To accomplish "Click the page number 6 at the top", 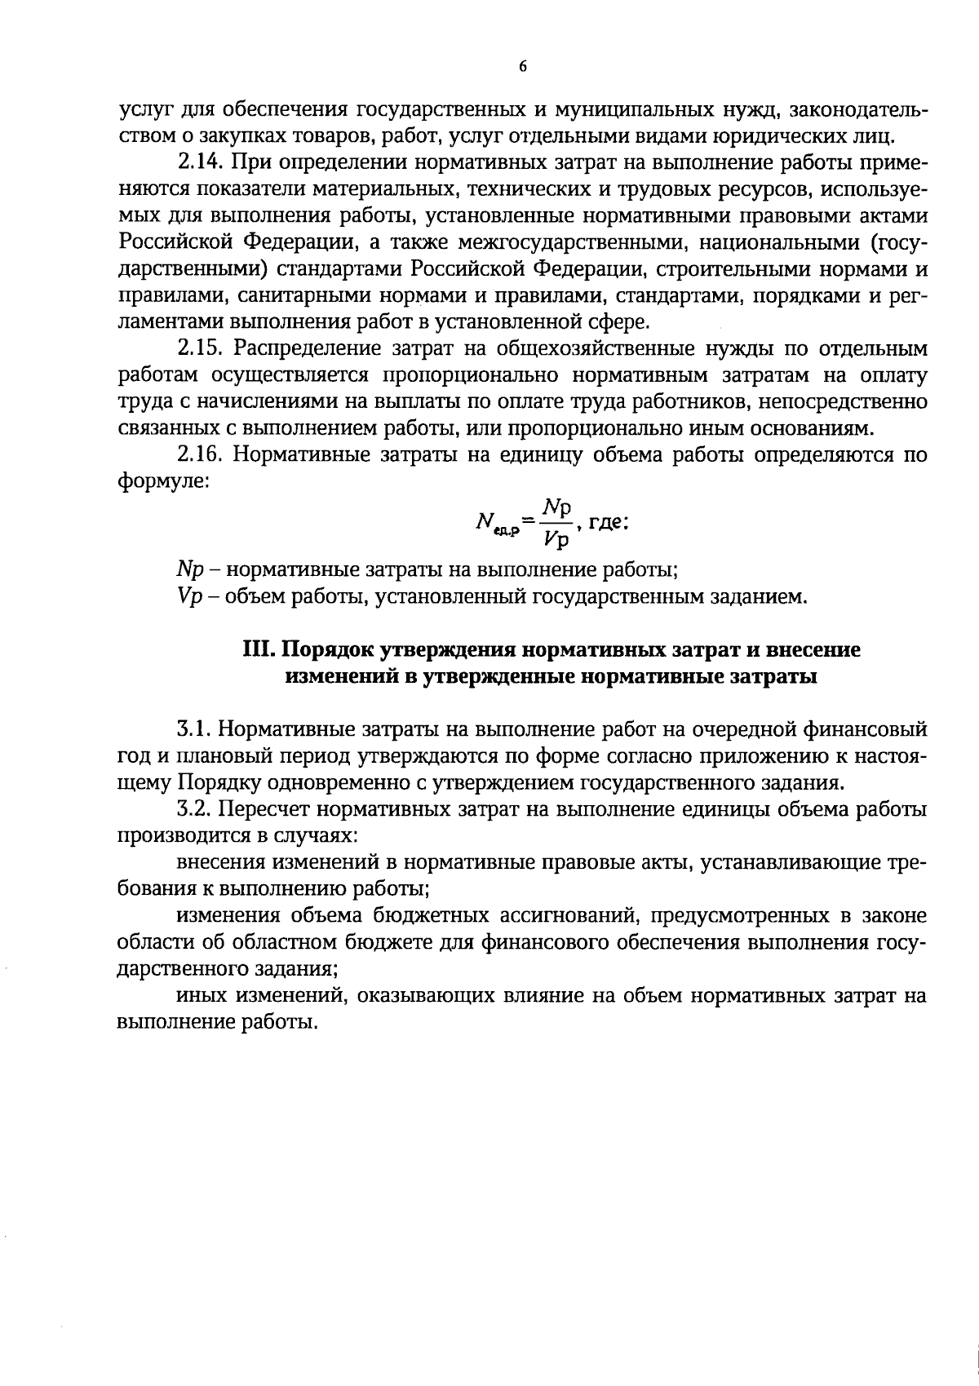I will click(522, 67).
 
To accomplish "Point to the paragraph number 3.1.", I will click(196, 727).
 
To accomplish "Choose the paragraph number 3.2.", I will click(197, 809).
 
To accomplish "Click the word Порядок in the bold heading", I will click(322, 650).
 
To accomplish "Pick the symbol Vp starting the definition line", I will click(187, 597).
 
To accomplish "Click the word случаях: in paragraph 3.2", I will click(314, 836).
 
